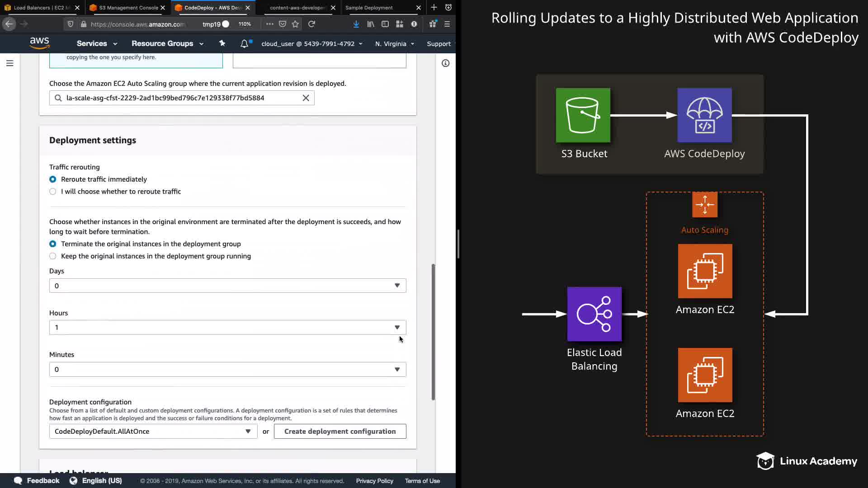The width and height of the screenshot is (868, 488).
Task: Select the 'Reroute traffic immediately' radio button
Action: coord(53,179)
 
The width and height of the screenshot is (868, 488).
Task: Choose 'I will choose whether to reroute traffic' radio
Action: coord(53,192)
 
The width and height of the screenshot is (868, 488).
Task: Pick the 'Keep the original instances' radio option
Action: coord(53,256)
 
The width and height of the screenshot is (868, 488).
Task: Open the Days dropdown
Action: coord(227,286)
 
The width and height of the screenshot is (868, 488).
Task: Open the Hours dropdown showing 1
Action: coord(227,328)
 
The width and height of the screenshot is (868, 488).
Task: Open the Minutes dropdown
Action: coord(227,370)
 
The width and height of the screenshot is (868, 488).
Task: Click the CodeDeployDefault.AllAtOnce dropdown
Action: coord(153,432)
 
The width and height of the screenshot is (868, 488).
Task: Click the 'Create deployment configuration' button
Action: coord(340,432)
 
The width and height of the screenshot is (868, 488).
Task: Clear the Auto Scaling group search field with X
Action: coord(306,98)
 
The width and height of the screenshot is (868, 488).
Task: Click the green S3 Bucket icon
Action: coord(583,115)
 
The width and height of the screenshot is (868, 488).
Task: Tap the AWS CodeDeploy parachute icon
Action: coord(704,115)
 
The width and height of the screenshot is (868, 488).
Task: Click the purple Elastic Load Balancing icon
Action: coord(594,314)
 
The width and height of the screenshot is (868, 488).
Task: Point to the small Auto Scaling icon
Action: coord(704,205)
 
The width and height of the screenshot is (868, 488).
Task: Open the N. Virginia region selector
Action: coord(394,44)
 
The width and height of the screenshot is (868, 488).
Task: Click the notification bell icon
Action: coord(244,44)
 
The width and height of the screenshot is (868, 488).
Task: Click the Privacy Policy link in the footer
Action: coord(374,481)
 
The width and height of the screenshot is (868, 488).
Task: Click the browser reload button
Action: coord(311,24)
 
